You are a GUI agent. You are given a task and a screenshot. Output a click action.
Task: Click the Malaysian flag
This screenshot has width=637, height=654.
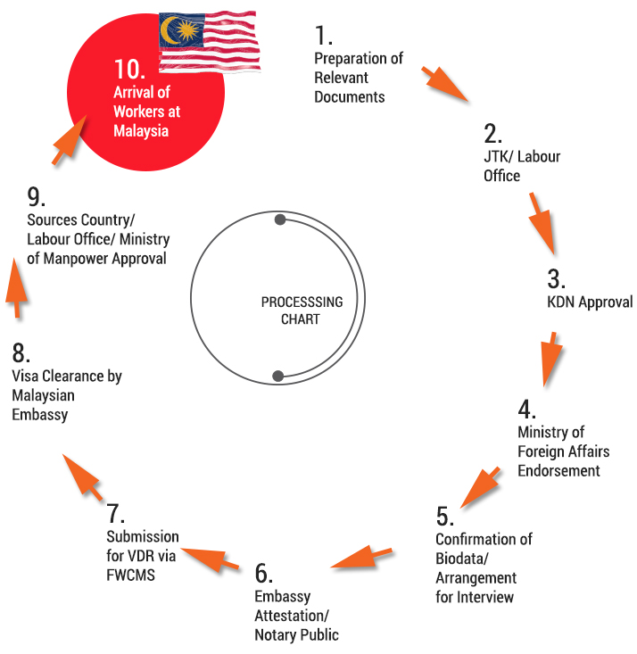[x=210, y=41]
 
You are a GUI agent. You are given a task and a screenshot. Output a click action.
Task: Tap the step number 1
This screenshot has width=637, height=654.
[x=323, y=37]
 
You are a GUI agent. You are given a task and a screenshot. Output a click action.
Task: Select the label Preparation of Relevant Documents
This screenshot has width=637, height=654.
[x=358, y=78]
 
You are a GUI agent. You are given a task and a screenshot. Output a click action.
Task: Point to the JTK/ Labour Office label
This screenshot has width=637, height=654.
[x=522, y=166]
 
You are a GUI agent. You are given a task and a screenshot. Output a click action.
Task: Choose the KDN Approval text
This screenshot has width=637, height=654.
[x=589, y=302]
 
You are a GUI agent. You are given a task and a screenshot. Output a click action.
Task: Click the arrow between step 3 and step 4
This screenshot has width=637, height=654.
[x=550, y=358]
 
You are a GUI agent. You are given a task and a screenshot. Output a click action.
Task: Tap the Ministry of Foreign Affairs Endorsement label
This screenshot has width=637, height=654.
[x=563, y=451]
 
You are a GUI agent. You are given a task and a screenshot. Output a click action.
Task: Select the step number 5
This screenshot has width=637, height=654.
[x=444, y=516]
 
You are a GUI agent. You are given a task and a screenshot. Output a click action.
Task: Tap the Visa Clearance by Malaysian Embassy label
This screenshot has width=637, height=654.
[x=67, y=395]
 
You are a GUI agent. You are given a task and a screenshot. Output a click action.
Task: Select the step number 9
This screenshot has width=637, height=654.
[x=36, y=195]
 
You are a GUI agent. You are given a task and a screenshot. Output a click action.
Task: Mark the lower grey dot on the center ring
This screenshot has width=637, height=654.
[x=277, y=375]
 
